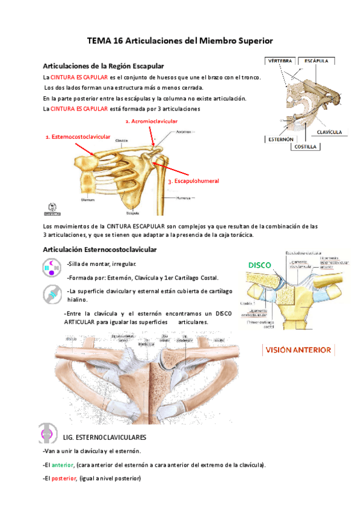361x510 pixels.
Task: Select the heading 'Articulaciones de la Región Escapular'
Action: point(103,66)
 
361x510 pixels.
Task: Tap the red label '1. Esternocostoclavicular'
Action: point(78,137)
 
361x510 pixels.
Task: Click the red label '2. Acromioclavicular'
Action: point(151,121)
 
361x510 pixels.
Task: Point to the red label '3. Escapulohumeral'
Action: point(193,181)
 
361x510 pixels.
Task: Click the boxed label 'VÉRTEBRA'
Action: point(280,60)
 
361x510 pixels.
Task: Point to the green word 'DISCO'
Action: point(259,265)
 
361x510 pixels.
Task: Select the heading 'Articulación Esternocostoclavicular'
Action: point(100,249)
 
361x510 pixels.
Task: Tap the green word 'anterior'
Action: point(61,465)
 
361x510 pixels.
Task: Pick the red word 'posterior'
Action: point(63,478)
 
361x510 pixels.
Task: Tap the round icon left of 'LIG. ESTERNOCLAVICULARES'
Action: point(48,435)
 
